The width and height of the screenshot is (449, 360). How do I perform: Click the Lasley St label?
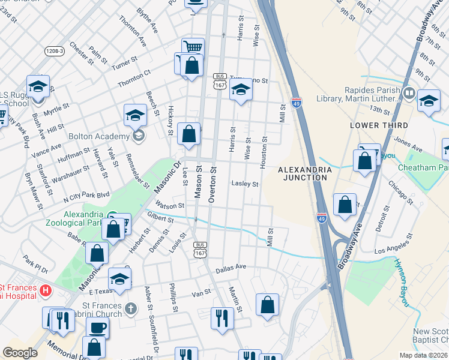(245, 184)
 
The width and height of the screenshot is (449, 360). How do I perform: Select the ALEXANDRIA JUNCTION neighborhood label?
(305, 174)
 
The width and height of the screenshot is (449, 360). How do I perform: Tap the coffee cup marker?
(97, 328)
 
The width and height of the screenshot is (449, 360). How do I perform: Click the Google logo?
(20, 353)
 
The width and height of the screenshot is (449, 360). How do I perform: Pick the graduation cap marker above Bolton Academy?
(136, 114)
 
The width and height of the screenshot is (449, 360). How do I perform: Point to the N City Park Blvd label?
(87, 195)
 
